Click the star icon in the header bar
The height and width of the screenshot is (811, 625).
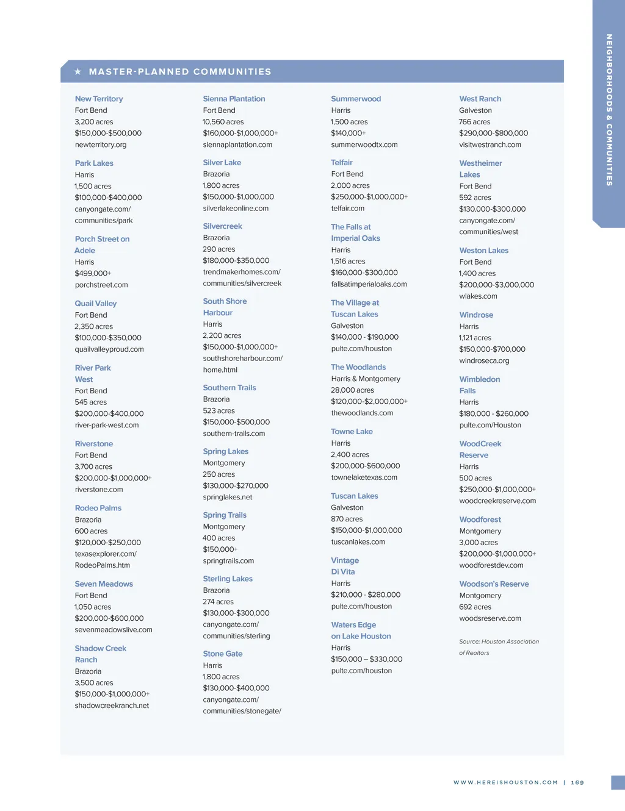pyautogui.click(x=78, y=72)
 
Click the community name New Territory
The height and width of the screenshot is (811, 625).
pyautogui.click(x=99, y=99)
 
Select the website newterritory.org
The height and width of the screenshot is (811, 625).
pyautogui.click(x=101, y=145)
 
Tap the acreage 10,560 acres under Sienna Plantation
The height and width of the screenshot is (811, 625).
pyautogui.click(x=223, y=122)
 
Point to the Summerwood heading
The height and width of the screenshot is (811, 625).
pyautogui.click(x=356, y=99)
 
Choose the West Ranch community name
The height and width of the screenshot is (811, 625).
pyautogui.click(x=480, y=99)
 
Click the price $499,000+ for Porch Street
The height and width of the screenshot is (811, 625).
pyautogui.click(x=93, y=274)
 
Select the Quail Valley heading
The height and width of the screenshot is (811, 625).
pyautogui.click(x=96, y=304)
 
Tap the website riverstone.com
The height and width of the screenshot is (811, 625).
pyautogui.click(x=99, y=490)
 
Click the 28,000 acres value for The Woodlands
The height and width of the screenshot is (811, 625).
pyautogui.click(x=353, y=390)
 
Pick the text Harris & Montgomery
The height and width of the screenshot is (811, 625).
pyautogui.click(x=366, y=379)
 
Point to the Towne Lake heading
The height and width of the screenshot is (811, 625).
pyautogui.click(x=352, y=432)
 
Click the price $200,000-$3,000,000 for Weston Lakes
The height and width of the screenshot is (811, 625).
pyautogui.click(x=497, y=285)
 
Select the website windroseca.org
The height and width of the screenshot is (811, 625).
pyautogui.click(x=484, y=361)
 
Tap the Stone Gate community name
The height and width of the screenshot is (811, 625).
pyautogui.click(x=223, y=654)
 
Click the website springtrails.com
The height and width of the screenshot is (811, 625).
pyautogui.click(x=228, y=561)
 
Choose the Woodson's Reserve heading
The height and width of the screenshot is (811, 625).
pyautogui.click(x=494, y=584)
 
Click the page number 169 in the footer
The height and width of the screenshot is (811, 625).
pyautogui.click(x=577, y=782)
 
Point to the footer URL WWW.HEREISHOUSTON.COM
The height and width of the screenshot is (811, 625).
pyautogui.click(x=505, y=782)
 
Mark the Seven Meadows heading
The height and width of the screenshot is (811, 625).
pyautogui.click(x=104, y=584)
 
